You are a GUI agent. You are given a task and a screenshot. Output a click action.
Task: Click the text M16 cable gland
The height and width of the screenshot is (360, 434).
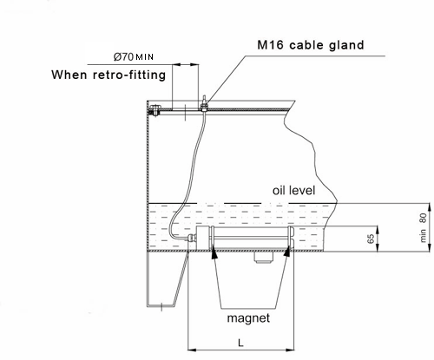[311, 45]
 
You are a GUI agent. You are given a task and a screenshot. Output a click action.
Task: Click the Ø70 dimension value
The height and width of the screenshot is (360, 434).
[123, 56]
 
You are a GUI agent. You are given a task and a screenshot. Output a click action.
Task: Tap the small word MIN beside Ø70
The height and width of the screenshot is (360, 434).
[144, 57]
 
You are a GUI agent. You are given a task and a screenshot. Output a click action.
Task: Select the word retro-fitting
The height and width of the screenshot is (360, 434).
[129, 75]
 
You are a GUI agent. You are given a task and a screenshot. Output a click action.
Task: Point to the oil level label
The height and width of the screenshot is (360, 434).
[293, 191]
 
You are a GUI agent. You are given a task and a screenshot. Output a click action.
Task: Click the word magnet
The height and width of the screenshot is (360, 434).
[248, 318]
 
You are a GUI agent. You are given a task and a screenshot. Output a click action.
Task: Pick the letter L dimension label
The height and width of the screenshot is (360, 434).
[240, 343]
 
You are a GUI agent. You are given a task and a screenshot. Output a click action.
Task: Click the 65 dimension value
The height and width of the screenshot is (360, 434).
[371, 239]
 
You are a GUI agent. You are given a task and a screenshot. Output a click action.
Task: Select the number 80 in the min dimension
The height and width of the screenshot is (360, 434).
[423, 218]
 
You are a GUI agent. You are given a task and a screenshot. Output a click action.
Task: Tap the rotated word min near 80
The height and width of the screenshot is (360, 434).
[423, 235]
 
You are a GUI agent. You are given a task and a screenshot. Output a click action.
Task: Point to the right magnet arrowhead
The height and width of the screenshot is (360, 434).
[287, 252]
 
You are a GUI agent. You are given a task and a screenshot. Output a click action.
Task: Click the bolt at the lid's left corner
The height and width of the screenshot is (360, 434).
[155, 110]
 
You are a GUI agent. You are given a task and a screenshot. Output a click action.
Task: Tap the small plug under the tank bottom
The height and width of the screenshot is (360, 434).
[264, 258]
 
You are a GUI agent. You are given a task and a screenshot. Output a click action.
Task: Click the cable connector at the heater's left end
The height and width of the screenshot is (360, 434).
[191, 239]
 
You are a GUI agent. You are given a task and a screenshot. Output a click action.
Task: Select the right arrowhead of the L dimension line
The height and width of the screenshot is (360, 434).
[290, 350]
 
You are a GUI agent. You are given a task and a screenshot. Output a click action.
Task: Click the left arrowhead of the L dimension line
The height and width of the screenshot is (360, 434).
[193, 350]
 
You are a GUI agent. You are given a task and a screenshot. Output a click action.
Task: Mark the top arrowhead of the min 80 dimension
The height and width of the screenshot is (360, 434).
[431, 208]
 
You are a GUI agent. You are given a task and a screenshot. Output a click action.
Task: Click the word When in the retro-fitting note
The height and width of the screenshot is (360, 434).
[69, 75]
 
